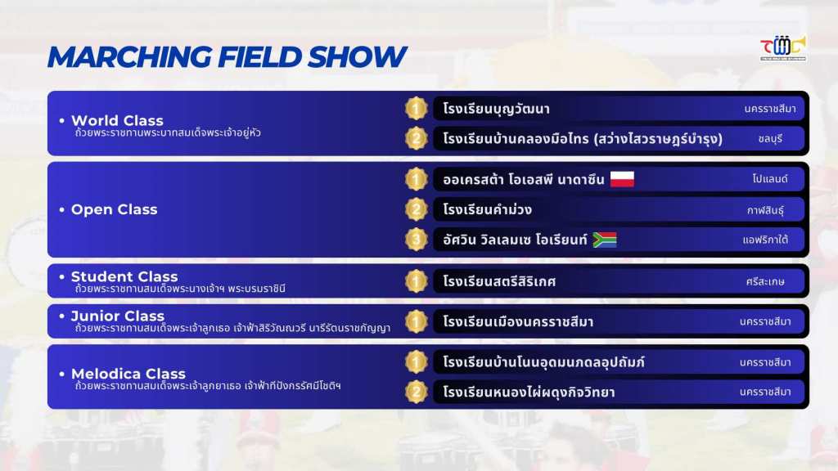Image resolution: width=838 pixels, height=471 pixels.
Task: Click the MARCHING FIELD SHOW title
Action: pos(228,56)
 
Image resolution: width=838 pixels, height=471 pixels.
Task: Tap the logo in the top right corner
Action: pos(783,48)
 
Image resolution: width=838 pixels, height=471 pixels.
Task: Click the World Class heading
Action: pos(117,120)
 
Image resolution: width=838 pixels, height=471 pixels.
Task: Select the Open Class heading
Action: pos(115,209)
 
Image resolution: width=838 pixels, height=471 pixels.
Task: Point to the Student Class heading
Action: pos(124,276)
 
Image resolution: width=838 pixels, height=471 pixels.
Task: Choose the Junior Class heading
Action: pos(118,316)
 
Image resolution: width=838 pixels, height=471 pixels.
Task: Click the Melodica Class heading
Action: pos(128,373)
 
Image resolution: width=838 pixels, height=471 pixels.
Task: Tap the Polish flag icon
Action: pos(622,179)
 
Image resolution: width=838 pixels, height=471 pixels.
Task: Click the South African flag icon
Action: pos(605,240)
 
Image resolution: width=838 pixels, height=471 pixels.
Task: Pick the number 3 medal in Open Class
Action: pos(416,240)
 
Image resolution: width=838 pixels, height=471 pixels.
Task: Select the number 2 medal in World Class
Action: pos(416,138)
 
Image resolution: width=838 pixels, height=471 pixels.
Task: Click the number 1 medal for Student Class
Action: pos(416,281)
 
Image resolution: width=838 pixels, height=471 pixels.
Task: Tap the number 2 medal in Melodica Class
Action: pos(416,392)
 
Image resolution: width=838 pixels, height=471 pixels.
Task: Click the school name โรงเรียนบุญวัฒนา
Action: pos(496,109)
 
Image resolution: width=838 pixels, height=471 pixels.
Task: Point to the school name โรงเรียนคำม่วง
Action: pos(488,209)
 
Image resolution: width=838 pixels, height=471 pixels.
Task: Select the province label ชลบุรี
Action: pos(770,139)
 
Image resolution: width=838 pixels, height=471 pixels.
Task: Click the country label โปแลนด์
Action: pos(769,179)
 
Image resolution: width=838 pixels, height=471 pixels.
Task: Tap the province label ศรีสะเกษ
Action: pos(765,281)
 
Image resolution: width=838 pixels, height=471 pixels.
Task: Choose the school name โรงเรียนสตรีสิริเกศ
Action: pos(499,281)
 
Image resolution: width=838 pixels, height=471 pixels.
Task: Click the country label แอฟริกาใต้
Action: pos(765,240)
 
